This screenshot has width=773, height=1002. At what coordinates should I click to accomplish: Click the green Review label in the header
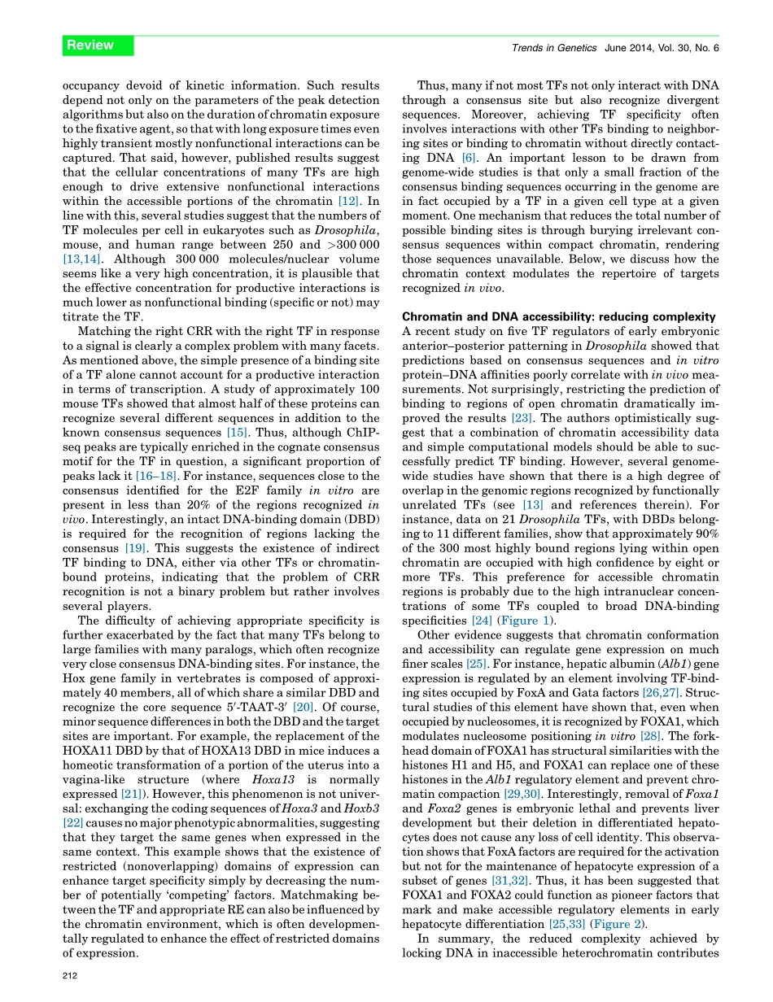click(90, 46)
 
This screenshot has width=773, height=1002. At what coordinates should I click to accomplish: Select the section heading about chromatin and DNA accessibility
click(559, 316)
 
